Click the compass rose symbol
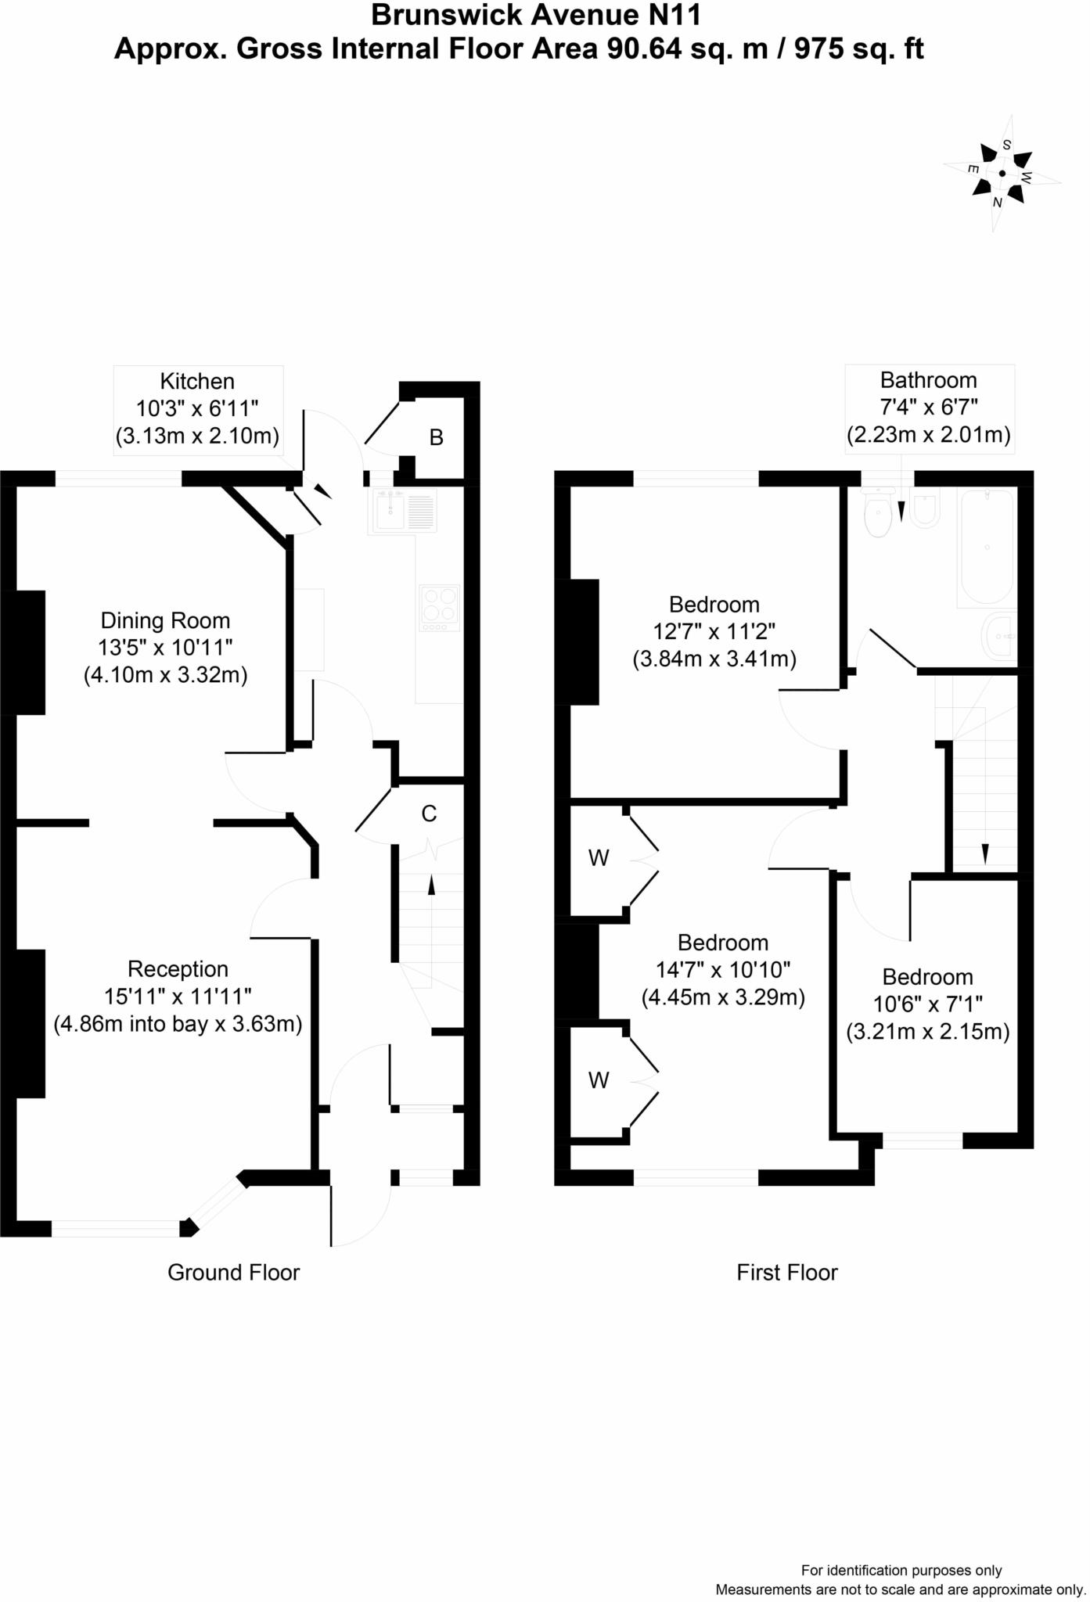click(1002, 174)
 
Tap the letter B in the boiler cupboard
click(437, 438)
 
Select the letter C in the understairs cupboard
click(429, 814)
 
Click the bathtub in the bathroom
click(986, 547)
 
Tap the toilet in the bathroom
click(879, 513)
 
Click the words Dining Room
click(165, 621)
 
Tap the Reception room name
click(178, 969)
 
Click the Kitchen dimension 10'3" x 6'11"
click(197, 409)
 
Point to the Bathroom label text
click(928, 380)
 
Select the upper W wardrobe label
click(599, 858)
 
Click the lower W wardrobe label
click(599, 1080)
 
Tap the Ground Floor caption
click(233, 1273)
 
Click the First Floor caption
click(786, 1273)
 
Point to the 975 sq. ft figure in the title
click(858, 49)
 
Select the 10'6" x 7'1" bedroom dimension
click(927, 1004)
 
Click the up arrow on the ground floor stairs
click(430, 885)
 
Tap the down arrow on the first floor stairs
click(984, 853)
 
